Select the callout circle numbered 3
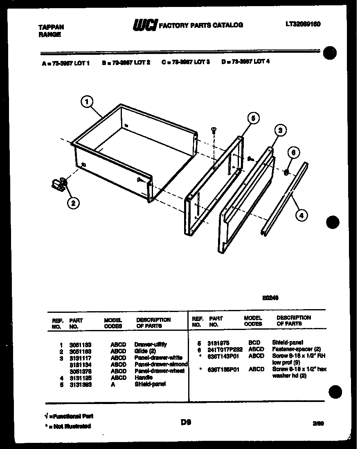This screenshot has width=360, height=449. [280, 131]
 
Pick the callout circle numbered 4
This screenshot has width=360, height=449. [301, 215]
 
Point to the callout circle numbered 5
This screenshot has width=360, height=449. [253, 119]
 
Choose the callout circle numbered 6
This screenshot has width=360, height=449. [292, 152]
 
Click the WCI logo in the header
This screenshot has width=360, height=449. [144, 25]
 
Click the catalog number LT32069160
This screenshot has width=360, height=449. [303, 24]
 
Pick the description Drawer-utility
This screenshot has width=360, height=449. [150, 344]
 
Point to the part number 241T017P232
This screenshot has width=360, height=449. [225, 349]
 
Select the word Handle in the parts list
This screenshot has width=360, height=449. [143, 378]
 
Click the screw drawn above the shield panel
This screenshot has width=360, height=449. [213, 130]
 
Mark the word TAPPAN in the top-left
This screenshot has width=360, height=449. [51, 27]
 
